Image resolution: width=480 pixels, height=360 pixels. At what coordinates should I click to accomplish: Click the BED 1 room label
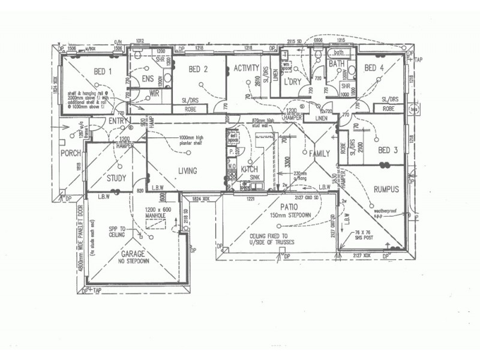[x=103, y=72]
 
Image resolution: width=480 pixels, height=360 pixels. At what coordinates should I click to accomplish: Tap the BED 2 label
[x=197, y=69]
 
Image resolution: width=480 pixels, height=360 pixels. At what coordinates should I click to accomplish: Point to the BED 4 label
[x=374, y=67]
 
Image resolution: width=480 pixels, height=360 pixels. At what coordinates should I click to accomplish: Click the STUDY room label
[x=116, y=178]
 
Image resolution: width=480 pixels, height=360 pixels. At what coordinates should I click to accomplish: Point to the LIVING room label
[x=187, y=171]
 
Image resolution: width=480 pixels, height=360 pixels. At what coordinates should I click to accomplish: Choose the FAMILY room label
[x=319, y=154]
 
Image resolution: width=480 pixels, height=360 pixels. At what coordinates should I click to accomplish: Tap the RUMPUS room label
[x=386, y=189]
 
